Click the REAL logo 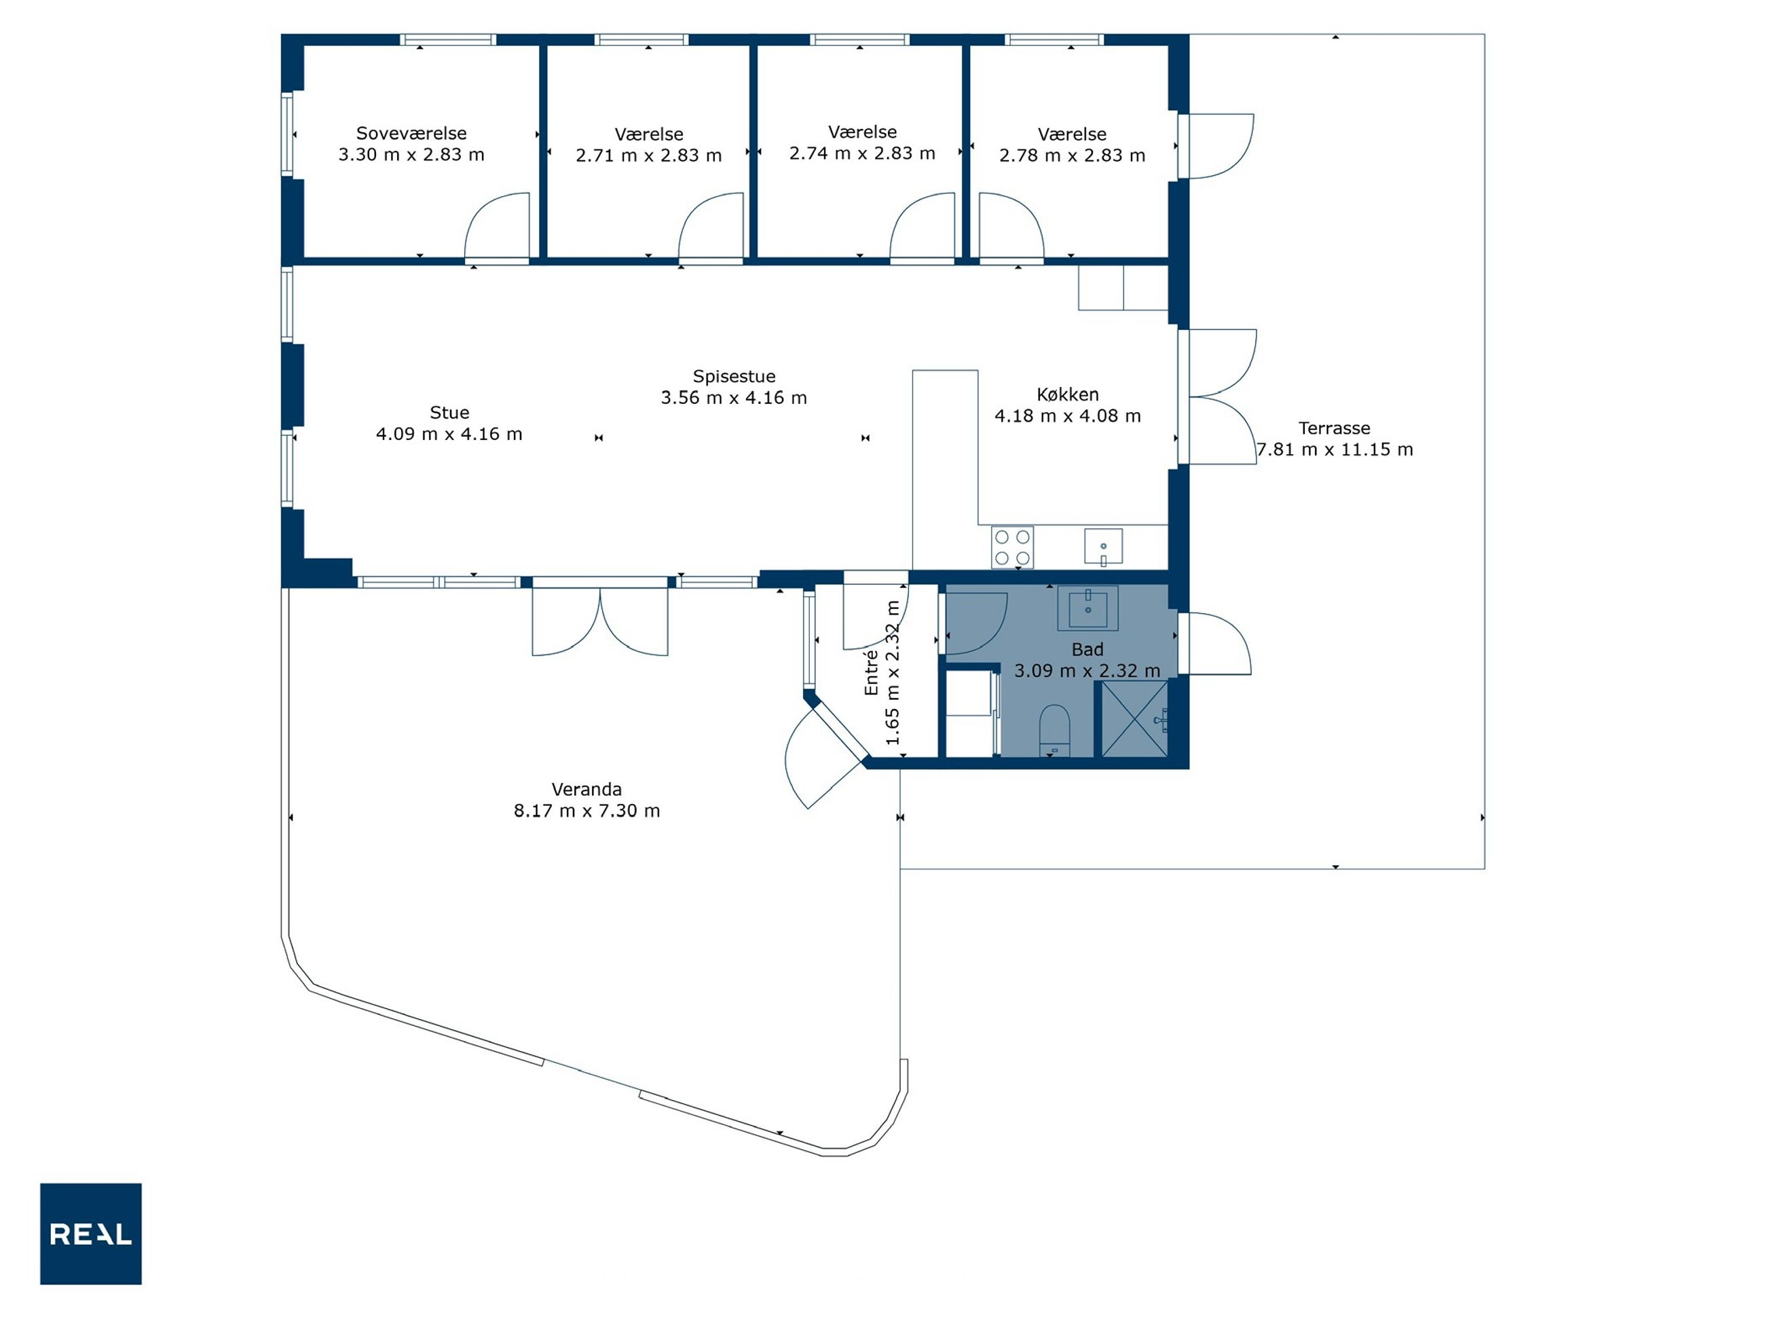coord(91,1233)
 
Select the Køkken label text coord(1068,394)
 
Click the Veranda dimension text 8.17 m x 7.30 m coord(587,811)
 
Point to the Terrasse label coord(1334,428)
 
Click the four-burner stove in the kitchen coord(1013,547)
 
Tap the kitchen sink coord(1104,547)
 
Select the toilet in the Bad coord(1054,729)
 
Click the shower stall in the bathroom coord(1134,718)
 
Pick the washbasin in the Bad coord(1088,608)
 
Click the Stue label coord(449,413)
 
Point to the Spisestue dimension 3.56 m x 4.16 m coord(733,397)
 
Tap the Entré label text coord(872,672)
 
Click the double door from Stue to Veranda coord(600,623)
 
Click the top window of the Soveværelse coord(447,39)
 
